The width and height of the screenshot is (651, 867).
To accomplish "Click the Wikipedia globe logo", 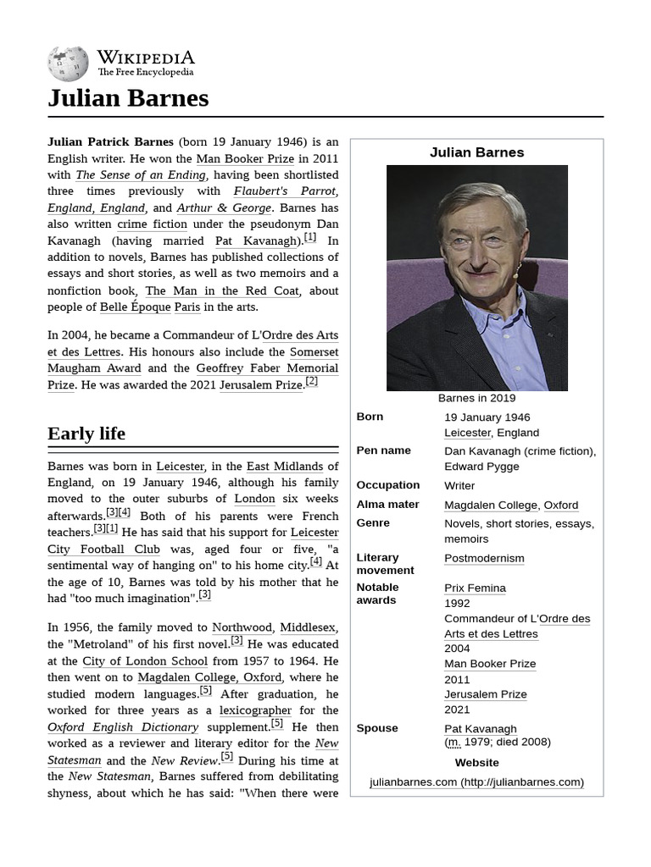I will tap(68, 64).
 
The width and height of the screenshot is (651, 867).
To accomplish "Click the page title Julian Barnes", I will tap(128, 98).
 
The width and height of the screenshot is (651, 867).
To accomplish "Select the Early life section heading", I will tap(86, 433).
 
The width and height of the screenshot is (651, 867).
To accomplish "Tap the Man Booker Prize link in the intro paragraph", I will tap(245, 158).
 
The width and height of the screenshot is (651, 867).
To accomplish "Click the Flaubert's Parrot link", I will tap(285, 191).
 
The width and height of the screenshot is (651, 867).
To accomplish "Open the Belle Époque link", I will tap(135, 306).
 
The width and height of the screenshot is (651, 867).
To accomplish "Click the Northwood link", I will tap(242, 627).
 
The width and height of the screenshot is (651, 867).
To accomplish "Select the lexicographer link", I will tap(255, 710).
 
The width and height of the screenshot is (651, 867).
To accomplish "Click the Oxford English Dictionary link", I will tap(123, 727).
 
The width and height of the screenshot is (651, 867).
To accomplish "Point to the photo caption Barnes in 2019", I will tap(476, 398).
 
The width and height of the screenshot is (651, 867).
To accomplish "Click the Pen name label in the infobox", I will tap(383, 450).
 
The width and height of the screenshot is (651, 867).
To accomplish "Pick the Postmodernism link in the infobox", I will tap(484, 558).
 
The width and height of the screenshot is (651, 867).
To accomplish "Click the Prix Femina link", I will tap(475, 588).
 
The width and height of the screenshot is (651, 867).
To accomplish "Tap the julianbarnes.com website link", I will tap(476, 781).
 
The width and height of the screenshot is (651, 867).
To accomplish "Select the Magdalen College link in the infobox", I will tap(491, 505).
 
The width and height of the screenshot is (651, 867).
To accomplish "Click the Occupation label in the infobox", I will tap(387, 485).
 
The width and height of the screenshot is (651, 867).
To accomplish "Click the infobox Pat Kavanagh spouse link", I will tap(480, 728).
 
